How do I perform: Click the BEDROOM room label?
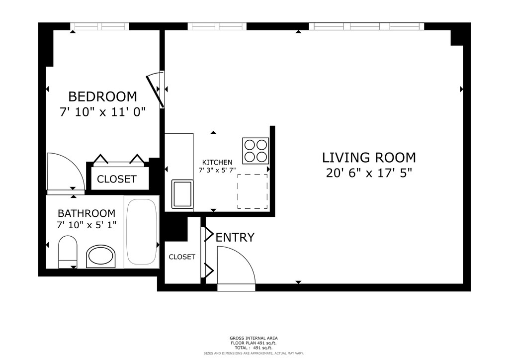pyautogui.click(x=102, y=97)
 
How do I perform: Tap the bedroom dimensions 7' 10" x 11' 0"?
pyautogui.click(x=102, y=112)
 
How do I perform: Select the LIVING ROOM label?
pyautogui.click(x=369, y=158)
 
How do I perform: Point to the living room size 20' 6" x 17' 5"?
pyautogui.click(x=369, y=173)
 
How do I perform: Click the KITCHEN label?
pyautogui.click(x=217, y=162)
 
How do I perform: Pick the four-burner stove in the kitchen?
pyautogui.click(x=255, y=151)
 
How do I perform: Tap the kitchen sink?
pyautogui.click(x=182, y=194)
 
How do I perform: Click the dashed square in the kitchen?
pyautogui.click(x=253, y=191)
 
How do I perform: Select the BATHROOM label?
pyautogui.click(x=86, y=213)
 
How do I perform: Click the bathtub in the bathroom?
pyautogui.click(x=142, y=231)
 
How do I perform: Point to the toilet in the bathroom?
pyautogui.click(x=68, y=252)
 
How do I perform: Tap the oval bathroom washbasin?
pyautogui.click(x=101, y=257)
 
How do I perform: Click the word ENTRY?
pyautogui.click(x=235, y=237)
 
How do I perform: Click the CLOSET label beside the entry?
pyautogui.click(x=182, y=257)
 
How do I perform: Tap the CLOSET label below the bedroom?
pyautogui.click(x=116, y=179)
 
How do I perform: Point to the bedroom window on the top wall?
pyautogui.click(x=99, y=26)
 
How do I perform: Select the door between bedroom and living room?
pyautogui.click(x=155, y=90)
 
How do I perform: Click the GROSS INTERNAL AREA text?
pyautogui.click(x=254, y=338)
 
